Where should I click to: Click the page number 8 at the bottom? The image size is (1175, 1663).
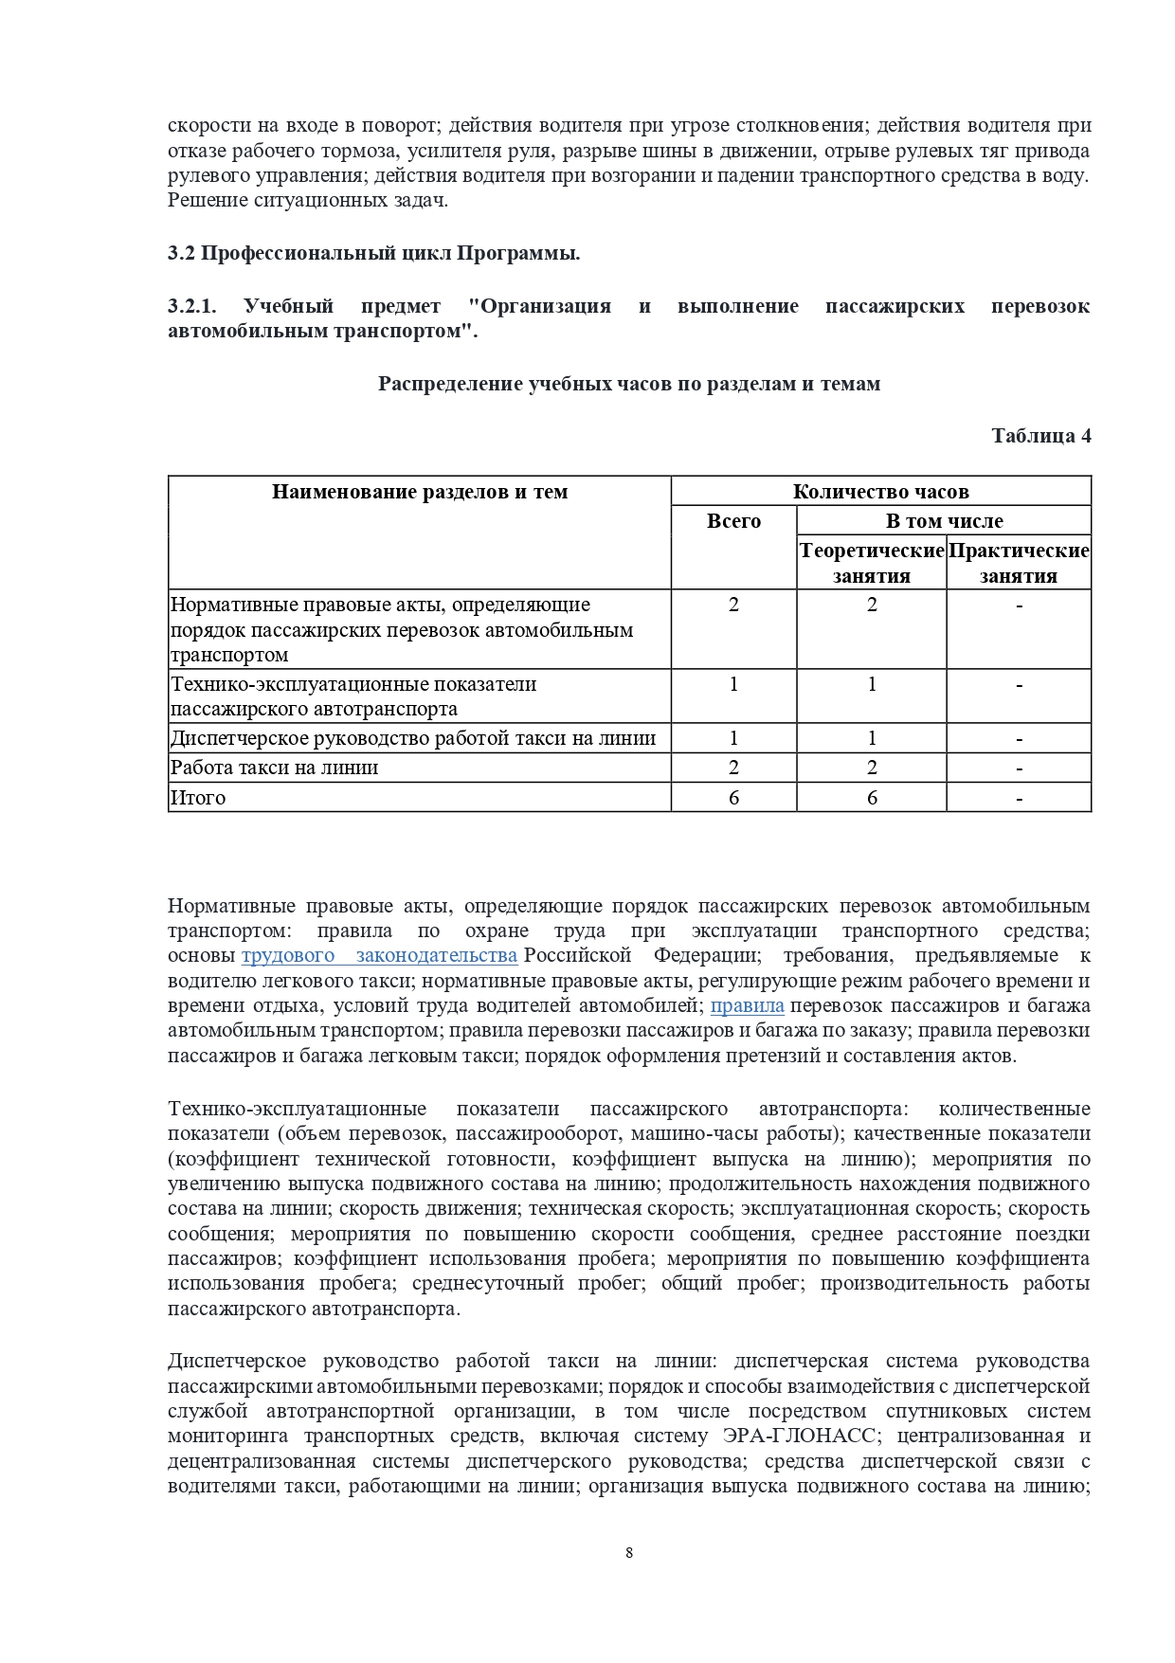pos(629,1552)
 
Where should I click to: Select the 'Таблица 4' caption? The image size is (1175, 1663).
pos(1040,436)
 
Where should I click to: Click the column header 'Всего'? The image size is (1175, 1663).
pos(733,521)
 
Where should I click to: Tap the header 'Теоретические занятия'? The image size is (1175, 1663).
pos(872,563)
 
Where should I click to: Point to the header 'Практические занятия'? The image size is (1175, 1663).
pos(1019,563)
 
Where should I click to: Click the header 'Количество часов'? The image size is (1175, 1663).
pos(880,492)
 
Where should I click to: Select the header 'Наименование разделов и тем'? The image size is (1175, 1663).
pos(420,492)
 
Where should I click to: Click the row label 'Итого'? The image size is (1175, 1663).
pos(198,798)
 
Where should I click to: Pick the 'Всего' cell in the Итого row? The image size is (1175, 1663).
pos(733,798)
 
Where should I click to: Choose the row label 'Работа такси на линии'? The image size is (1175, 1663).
pos(275,768)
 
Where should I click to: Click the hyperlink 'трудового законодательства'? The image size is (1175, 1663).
pos(379,956)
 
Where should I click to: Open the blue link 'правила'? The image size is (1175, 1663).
pos(747,1006)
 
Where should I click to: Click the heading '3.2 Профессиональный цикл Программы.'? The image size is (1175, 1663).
pos(373,254)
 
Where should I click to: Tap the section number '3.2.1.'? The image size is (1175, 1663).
pos(192,306)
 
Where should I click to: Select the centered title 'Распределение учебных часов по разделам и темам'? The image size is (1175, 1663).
pos(629,384)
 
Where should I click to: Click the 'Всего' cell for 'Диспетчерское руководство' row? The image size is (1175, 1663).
pos(733,739)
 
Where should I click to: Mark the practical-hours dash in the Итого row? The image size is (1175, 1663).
pos(1019,799)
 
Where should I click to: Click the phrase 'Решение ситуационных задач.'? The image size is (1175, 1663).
pos(308,200)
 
